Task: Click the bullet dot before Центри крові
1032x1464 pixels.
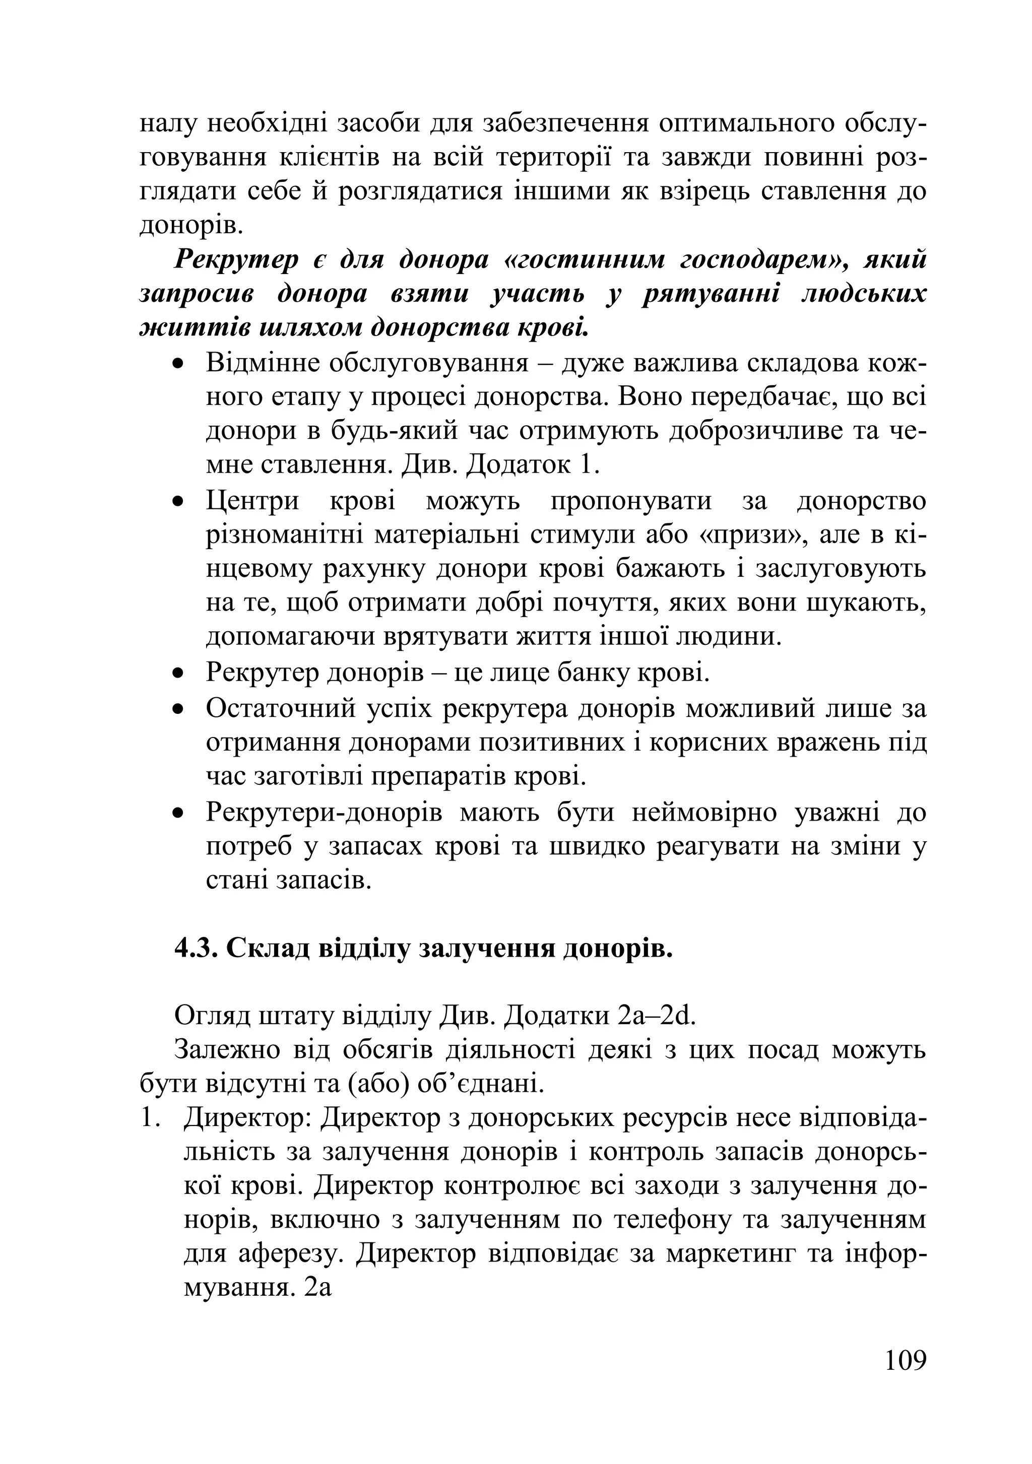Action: (179, 502)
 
